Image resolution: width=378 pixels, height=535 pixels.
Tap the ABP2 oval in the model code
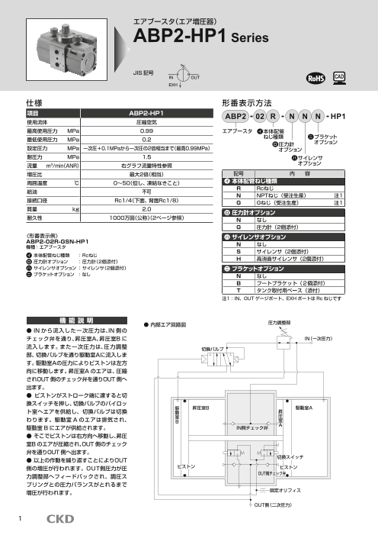coord(235,116)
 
